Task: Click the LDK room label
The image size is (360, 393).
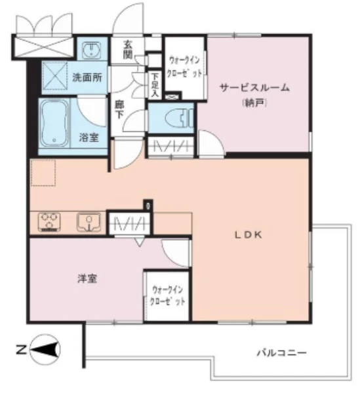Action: [250, 236]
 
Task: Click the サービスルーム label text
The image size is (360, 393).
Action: [254, 87]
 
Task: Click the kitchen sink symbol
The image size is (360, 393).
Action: [87, 222]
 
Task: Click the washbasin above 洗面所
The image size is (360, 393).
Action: [90, 50]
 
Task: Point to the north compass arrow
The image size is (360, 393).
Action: [46, 350]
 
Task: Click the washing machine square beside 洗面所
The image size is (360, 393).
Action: [56, 74]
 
